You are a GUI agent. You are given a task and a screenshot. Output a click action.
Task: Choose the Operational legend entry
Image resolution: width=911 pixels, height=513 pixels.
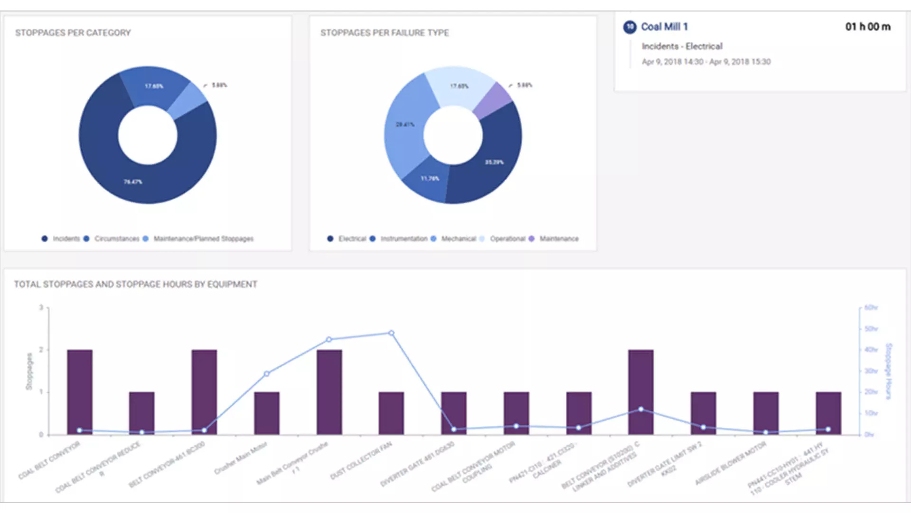click(x=507, y=239)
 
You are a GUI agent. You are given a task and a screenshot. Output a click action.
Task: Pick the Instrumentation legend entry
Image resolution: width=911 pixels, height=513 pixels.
click(x=404, y=239)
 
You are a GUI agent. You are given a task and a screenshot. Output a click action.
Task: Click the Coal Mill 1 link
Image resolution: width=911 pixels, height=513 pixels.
click(x=664, y=27)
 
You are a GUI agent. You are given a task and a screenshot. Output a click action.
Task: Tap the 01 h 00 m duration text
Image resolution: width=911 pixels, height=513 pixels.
click(x=868, y=27)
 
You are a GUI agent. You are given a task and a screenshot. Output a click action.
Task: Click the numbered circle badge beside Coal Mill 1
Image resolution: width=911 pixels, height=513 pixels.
click(x=629, y=27)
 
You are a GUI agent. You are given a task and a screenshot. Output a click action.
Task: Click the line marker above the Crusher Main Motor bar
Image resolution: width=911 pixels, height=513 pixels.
click(x=267, y=374)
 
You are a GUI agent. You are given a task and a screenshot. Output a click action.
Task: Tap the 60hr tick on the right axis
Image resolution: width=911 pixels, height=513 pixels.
click(x=871, y=307)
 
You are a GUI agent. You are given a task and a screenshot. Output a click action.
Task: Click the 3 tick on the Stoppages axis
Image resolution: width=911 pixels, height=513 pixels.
click(x=41, y=307)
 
